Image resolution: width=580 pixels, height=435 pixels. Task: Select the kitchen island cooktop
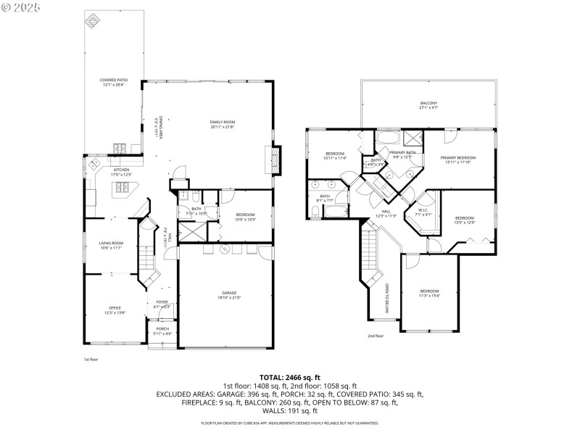point(121,189)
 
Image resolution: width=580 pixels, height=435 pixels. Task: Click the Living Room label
point(112,245)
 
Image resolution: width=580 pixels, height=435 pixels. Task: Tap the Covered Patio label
point(112,82)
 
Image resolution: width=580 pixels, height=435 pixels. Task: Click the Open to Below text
point(387,298)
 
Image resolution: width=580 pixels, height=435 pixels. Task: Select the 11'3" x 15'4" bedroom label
point(429,293)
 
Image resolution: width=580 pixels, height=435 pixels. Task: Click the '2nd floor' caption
point(375,336)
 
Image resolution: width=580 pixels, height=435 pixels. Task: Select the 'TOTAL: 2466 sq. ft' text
point(290,378)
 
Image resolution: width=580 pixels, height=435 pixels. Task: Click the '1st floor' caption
point(91,359)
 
